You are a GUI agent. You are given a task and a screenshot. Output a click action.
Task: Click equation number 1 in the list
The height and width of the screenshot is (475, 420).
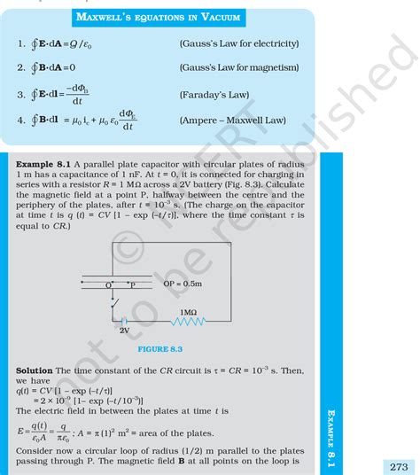pyautogui.click(x=19, y=43)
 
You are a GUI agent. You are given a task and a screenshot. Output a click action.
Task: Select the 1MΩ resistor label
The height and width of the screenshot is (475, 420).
pyautogui.click(x=188, y=313)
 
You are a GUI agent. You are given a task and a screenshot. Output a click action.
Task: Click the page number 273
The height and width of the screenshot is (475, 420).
pyautogui.click(x=399, y=464)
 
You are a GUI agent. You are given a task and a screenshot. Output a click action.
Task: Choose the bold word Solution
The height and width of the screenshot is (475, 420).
pyautogui.click(x=35, y=369)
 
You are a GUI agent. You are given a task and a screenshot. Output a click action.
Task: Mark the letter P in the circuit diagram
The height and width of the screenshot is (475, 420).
pyautogui.click(x=133, y=285)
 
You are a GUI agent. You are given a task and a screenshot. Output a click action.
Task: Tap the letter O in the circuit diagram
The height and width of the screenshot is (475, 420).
pyautogui.click(x=108, y=285)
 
